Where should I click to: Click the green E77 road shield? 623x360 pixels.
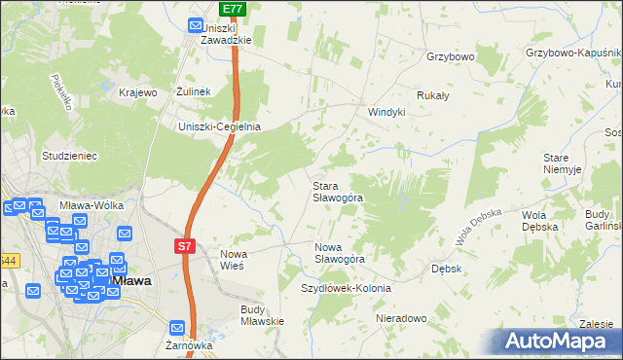click(x=232, y=9)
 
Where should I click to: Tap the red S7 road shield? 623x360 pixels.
click(x=185, y=247)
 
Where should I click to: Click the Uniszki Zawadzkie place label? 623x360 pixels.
click(x=226, y=34)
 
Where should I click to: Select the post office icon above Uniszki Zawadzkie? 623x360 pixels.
click(x=195, y=26)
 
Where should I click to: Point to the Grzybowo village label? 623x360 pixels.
click(x=450, y=56)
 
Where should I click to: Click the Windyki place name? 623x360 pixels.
click(x=385, y=112)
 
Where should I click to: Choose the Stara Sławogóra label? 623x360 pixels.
click(x=337, y=191)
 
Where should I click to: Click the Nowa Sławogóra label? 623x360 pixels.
click(x=339, y=253)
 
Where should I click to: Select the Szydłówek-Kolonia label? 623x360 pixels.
click(x=346, y=288)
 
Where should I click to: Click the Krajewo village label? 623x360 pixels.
click(x=137, y=92)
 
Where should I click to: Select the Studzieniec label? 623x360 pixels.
click(x=68, y=155)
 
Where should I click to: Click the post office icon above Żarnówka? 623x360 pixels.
click(x=176, y=329)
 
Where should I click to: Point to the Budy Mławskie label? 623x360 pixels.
click(x=261, y=315)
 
